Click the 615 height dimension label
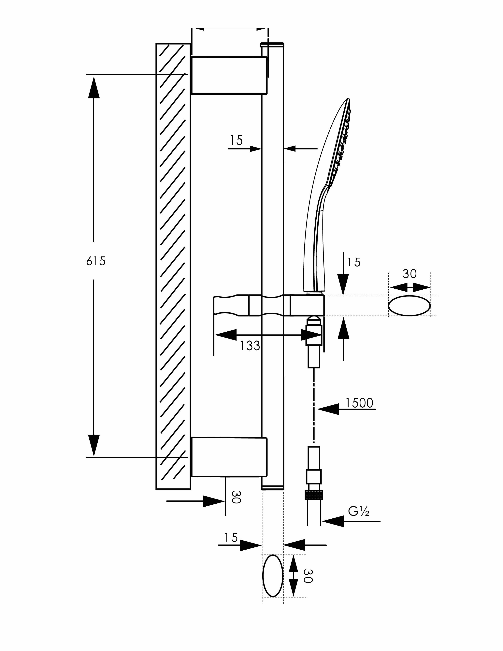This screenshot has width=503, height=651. [x=96, y=261]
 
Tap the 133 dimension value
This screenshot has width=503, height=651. [x=250, y=346]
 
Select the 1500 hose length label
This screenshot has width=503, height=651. [x=359, y=403]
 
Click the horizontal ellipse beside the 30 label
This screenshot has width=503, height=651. [x=410, y=306]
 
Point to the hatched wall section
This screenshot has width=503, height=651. [x=173, y=266]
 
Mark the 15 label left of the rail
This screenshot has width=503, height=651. [x=236, y=140]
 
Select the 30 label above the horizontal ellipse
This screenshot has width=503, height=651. [x=410, y=274]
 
